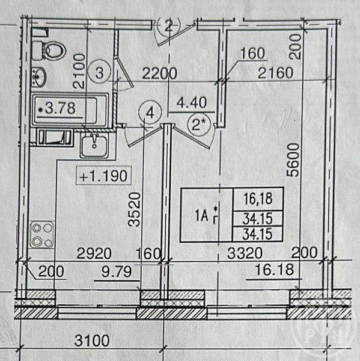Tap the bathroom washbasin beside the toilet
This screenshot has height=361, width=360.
point(38,77)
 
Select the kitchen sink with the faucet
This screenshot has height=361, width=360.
point(94,146)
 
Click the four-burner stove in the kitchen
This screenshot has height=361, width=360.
point(42,235)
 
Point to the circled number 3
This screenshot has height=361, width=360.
point(99,72)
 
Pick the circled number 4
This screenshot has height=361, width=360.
point(150,113)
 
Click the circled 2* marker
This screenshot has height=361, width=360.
point(199,126)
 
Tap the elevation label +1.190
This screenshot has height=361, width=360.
point(103,176)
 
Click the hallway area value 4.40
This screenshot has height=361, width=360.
point(191,103)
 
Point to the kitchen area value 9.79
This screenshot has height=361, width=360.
point(117,272)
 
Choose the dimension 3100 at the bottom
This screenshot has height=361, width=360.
point(92,341)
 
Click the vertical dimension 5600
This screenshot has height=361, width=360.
point(293,160)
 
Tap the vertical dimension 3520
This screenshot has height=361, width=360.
point(135,209)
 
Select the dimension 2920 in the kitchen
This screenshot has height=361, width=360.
point(94,253)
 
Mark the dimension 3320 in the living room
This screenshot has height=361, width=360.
point(245,253)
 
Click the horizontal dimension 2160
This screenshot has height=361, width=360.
point(275,73)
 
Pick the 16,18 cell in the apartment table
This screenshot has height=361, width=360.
point(258,199)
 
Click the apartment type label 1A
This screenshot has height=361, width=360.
point(202,216)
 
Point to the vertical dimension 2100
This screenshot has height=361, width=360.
point(79,71)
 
